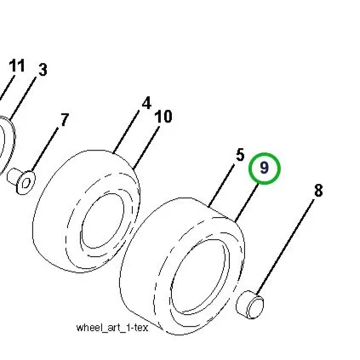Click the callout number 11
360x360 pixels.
pos(17,66)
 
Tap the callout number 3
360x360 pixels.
pos(43,70)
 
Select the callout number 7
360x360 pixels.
pos(65,120)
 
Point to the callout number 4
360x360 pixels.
pos(146,103)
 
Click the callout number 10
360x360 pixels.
pos(163,117)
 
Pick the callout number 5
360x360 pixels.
pos(240,155)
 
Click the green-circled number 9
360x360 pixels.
pos(265,168)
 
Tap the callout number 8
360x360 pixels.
pos(318,191)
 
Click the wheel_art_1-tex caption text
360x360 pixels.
pos(112,328)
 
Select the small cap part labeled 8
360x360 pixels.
pos(250,305)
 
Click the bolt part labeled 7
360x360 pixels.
pos(21,181)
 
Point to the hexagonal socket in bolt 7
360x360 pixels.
pos(26,183)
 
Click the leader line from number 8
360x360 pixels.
pos(285,247)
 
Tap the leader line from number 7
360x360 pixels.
pos(45,150)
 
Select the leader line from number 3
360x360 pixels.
pos(23,98)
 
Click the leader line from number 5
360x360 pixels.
pos(221,185)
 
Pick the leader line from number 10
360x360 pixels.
pos(146,147)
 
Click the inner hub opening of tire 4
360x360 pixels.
pos(102,221)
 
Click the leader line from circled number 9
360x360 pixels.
pos(247,203)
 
